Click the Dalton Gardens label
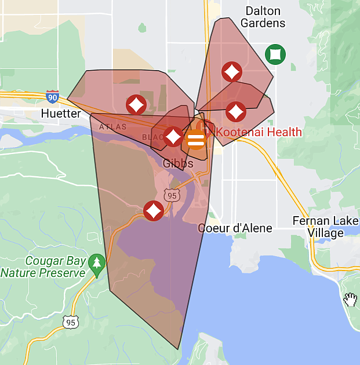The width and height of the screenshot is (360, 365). pos(263,17)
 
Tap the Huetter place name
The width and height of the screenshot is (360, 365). pos(61,114)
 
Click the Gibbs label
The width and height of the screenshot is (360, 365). pos(178,164)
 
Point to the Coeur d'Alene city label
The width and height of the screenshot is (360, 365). pos(235,228)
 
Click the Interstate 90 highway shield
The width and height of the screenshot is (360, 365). pos(53,96)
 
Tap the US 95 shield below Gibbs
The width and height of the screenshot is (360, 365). pos(171,196)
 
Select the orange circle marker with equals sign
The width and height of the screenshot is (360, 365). pos(195,140)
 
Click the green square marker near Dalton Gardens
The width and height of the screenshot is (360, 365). pos(275,54)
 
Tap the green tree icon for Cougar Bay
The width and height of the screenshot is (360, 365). pos(97,262)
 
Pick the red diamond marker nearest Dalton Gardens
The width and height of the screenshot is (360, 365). pos(232,72)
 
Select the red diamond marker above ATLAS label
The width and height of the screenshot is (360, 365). pos(136,105)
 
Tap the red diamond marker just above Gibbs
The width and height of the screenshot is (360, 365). pos(173,137)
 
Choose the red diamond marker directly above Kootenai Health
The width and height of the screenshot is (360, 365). pos(235,111)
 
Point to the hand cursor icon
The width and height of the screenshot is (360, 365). pos(350,299)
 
